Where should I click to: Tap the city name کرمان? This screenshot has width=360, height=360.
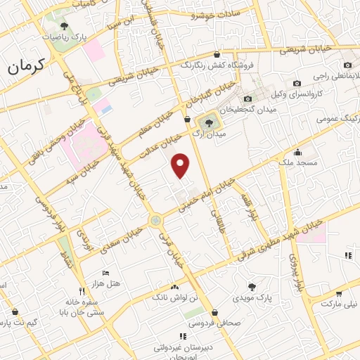pos(26,66)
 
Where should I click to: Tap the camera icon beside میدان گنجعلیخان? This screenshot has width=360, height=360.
pos(247,99)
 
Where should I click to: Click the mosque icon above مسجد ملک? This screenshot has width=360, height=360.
pos(298,152)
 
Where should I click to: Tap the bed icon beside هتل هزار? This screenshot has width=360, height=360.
pos(105,272)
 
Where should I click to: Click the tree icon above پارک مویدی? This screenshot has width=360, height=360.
pos(252,287)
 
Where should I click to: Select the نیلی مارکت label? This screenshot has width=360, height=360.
pos(340,304)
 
